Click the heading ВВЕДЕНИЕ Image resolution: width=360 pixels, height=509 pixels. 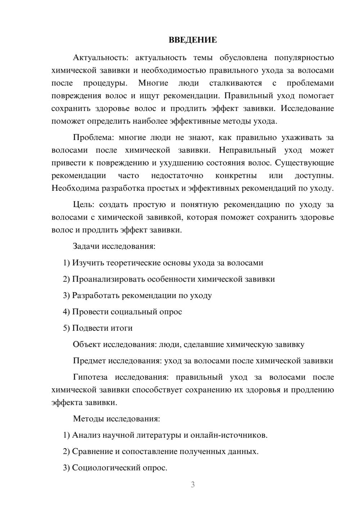[193, 40]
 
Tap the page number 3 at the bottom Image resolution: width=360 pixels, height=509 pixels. [193, 485]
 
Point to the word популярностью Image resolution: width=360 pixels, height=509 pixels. [304, 58]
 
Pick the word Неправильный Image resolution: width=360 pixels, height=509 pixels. [248, 150]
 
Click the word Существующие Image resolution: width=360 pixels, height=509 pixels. [305, 163]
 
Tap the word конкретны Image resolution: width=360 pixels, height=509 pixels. [236, 176]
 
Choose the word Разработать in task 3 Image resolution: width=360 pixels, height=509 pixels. [96, 296]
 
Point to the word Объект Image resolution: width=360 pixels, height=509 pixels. [87, 344]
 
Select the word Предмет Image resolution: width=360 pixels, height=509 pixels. [89, 361]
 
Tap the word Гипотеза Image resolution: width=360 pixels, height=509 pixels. [90, 377]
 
